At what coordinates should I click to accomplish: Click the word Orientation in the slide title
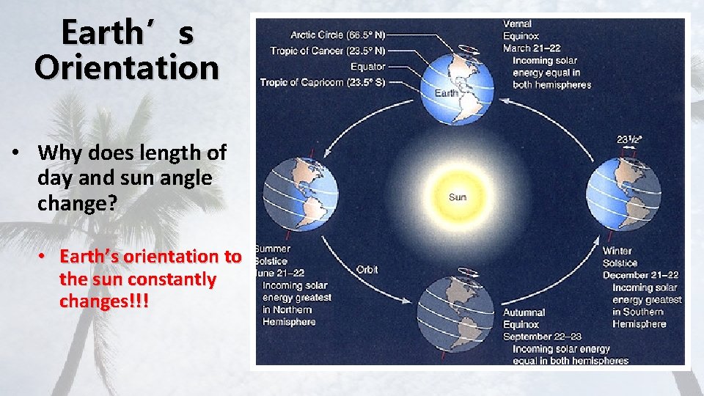tap(126, 67)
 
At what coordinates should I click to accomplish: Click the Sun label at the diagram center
tap(457, 197)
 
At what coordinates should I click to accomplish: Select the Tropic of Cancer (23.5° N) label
tap(328, 51)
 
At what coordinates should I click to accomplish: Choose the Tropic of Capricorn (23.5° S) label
tap(322, 82)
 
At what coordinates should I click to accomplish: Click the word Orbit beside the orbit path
tap(367, 269)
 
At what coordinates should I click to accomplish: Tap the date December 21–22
tap(640, 275)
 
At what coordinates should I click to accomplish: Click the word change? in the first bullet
tap(77, 203)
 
